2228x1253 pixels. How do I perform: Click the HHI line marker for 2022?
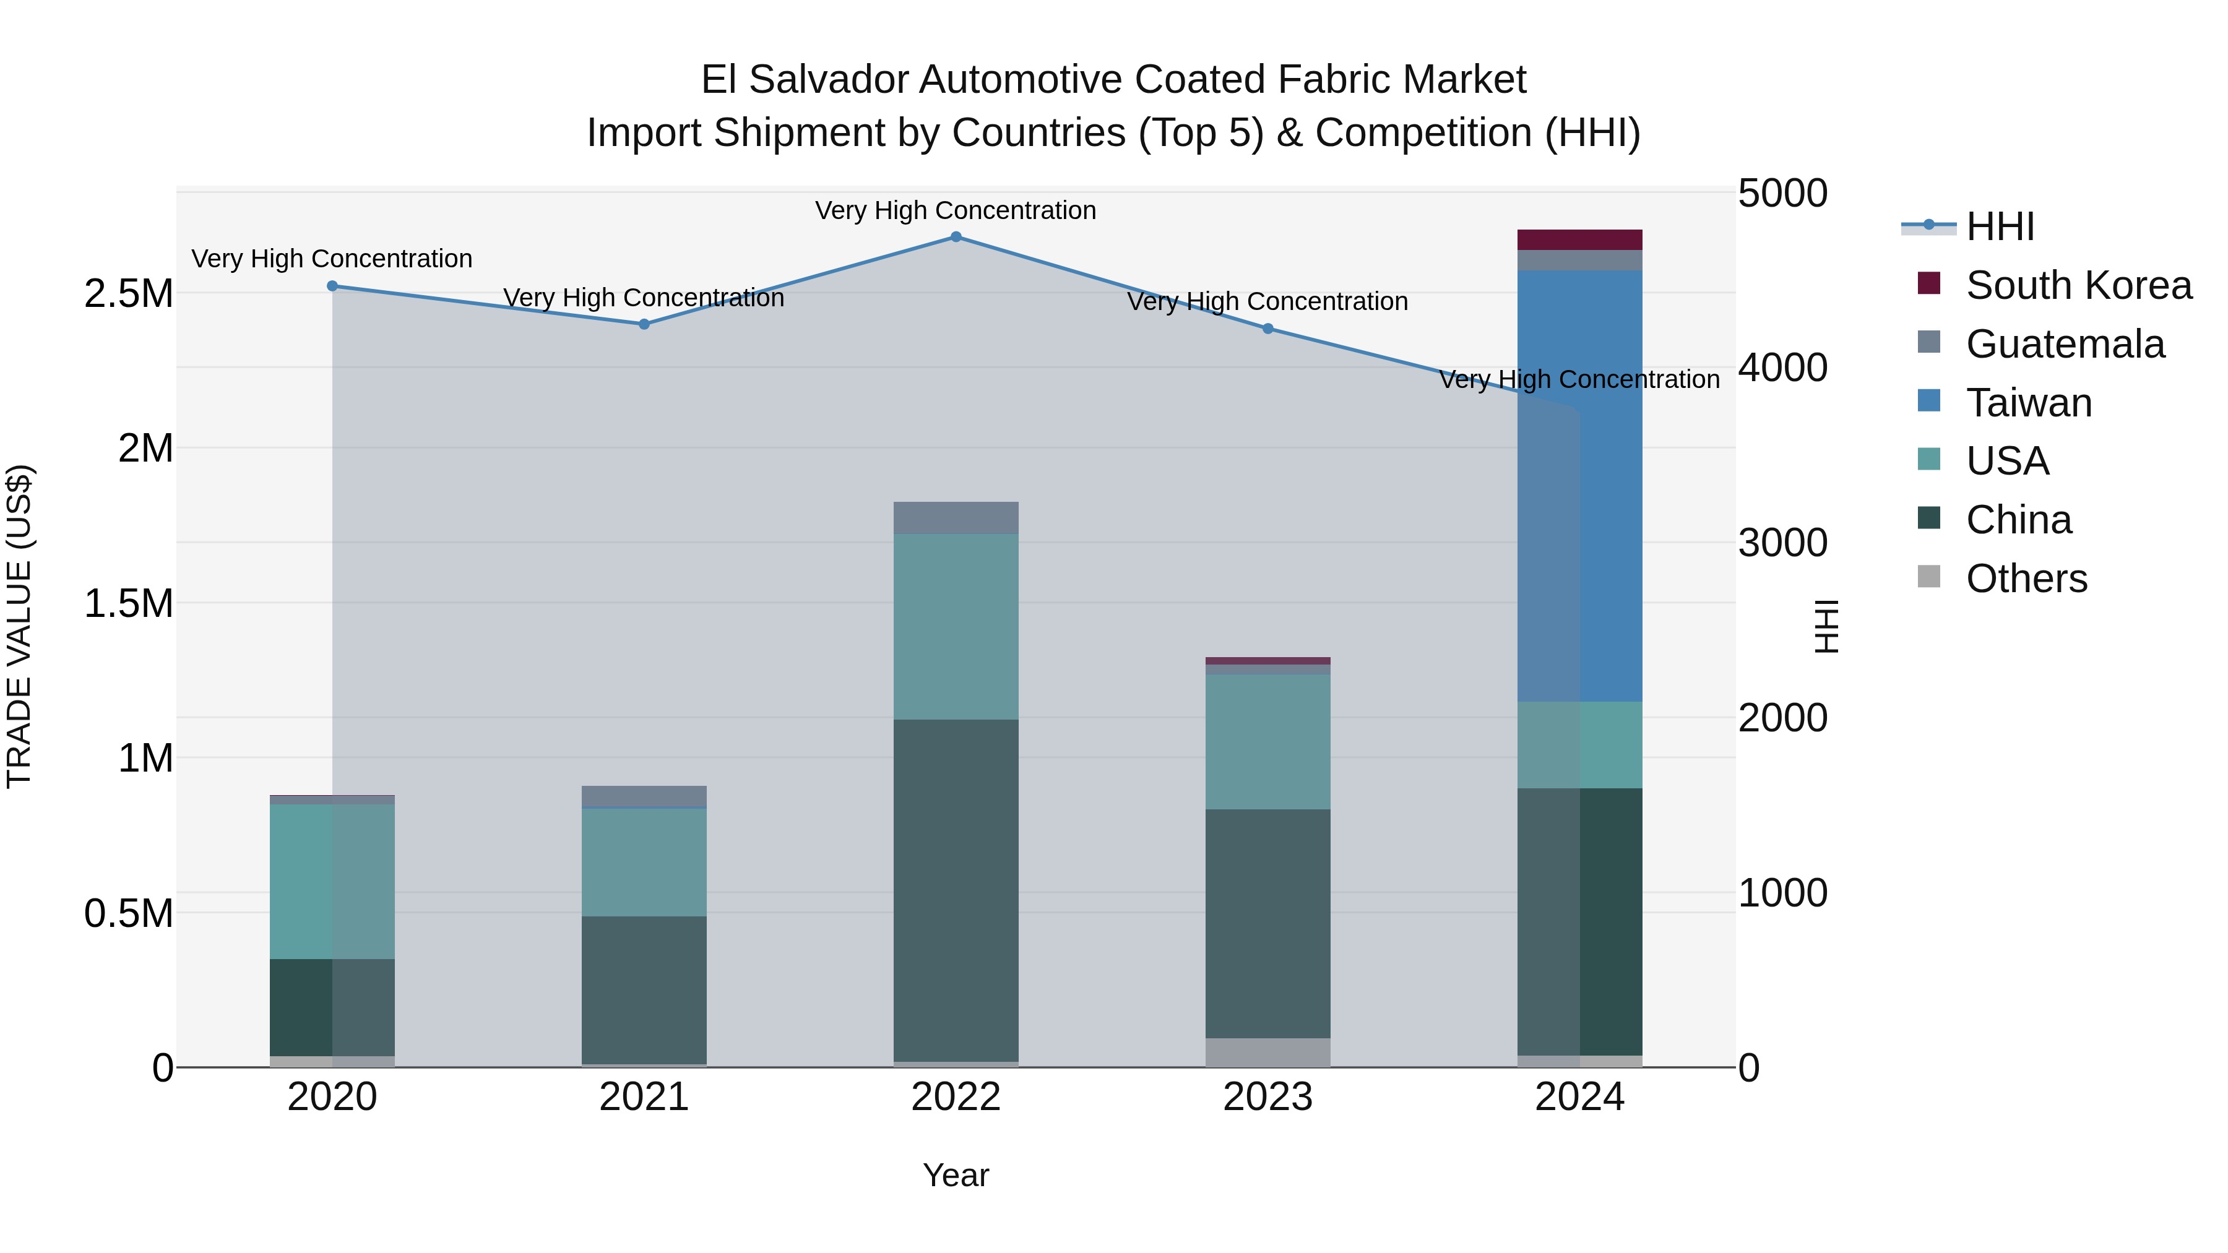coord(956,237)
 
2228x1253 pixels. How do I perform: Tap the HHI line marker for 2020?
coord(332,286)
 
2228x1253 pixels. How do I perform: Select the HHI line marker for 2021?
coord(644,324)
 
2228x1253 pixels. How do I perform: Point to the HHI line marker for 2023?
coord(1268,329)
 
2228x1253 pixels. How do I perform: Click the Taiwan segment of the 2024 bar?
coord(1579,485)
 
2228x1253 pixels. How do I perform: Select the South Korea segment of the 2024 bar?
coord(1579,239)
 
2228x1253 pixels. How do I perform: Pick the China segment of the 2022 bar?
coord(956,890)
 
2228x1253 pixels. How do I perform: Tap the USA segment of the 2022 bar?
coord(956,626)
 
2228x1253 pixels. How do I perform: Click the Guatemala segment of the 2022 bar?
coord(956,518)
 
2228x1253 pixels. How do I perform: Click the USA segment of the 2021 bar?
coord(644,862)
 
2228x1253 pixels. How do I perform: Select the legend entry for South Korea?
coord(2078,285)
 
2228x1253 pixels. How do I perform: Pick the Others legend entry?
coord(2026,579)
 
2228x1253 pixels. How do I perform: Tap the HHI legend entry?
coord(2000,226)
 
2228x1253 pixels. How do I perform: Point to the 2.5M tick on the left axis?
coord(129,294)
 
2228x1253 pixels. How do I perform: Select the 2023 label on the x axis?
coord(1268,1097)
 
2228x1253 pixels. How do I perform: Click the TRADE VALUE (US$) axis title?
coord(19,626)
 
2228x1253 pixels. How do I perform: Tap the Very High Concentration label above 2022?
coord(956,210)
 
